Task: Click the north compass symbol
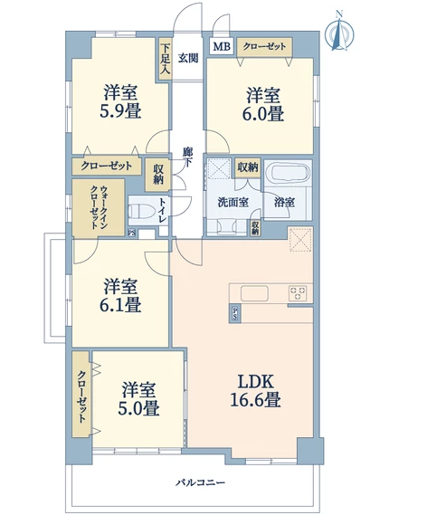(339, 31)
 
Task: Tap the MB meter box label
(222, 46)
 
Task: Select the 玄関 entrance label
(188, 58)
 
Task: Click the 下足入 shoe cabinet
(165, 59)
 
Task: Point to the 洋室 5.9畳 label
(120, 101)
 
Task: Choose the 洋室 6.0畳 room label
(263, 104)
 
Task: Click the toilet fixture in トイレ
(141, 212)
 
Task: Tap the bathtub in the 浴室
(288, 171)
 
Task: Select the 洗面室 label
(233, 203)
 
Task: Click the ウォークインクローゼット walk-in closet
(99, 207)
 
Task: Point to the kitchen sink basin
(254, 293)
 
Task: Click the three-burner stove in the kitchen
(298, 293)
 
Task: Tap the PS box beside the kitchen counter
(234, 314)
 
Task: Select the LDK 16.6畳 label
(255, 390)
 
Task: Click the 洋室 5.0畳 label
(138, 399)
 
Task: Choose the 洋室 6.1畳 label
(120, 295)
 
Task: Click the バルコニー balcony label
(200, 482)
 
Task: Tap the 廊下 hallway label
(188, 157)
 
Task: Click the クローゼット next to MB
(264, 47)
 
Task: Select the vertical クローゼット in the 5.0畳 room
(81, 394)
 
